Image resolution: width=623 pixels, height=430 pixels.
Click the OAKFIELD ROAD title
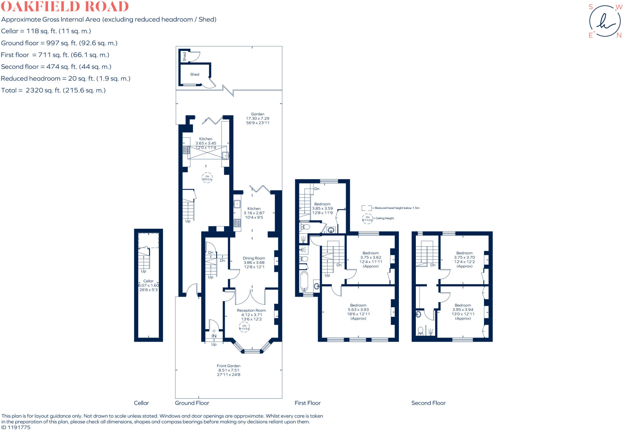coord(65,6)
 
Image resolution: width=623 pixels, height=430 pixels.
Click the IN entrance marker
coord(214,336)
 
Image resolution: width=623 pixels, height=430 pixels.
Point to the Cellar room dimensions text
coord(148,287)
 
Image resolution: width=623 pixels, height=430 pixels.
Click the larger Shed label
coord(195,74)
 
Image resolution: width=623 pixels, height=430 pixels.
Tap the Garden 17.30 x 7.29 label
coord(257,118)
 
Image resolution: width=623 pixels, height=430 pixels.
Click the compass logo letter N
coord(619,35)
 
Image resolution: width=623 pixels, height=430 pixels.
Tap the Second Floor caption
coord(428,403)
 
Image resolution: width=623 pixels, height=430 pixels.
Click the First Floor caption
coord(308,403)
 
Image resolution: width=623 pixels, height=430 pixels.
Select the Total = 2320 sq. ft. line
coord(53,90)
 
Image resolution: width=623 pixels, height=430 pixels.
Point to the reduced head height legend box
coord(367,208)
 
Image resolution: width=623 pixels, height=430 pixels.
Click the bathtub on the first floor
coord(304,281)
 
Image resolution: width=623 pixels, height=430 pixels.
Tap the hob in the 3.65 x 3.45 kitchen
coord(186,150)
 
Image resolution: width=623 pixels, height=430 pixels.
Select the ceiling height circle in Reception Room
coord(244,327)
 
